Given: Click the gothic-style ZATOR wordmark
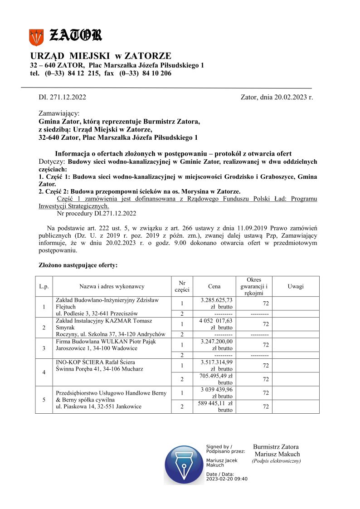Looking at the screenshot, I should pyautogui.click(x=75, y=35).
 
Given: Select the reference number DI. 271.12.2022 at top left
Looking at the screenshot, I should pyautogui.click(x=63, y=97).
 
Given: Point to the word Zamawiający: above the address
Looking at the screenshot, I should pyautogui.click(x=59, y=113).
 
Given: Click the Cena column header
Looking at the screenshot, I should pyautogui.click(x=214, y=286).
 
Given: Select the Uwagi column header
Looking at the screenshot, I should pyautogui.click(x=296, y=286).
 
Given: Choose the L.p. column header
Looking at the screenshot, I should pyautogui.click(x=44, y=286).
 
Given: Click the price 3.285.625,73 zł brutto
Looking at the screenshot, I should pyautogui.click(x=216, y=303).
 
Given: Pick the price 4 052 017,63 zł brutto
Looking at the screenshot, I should pyautogui.click(x=216, y=324).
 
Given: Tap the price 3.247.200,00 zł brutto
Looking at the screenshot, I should pyautogui.click(x=216, y=345).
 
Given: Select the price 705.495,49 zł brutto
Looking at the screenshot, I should pyautogui.click(x=216, y=379).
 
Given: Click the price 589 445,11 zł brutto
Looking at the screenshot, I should pyautogui.click(x=216, y=406).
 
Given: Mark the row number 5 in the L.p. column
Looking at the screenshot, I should pyautogui.click(x=44, y=400).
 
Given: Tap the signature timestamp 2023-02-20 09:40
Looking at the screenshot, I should pyautogui.click(x=227, y=479).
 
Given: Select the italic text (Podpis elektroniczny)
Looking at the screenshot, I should pyautogui.click(x=276, y=461).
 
